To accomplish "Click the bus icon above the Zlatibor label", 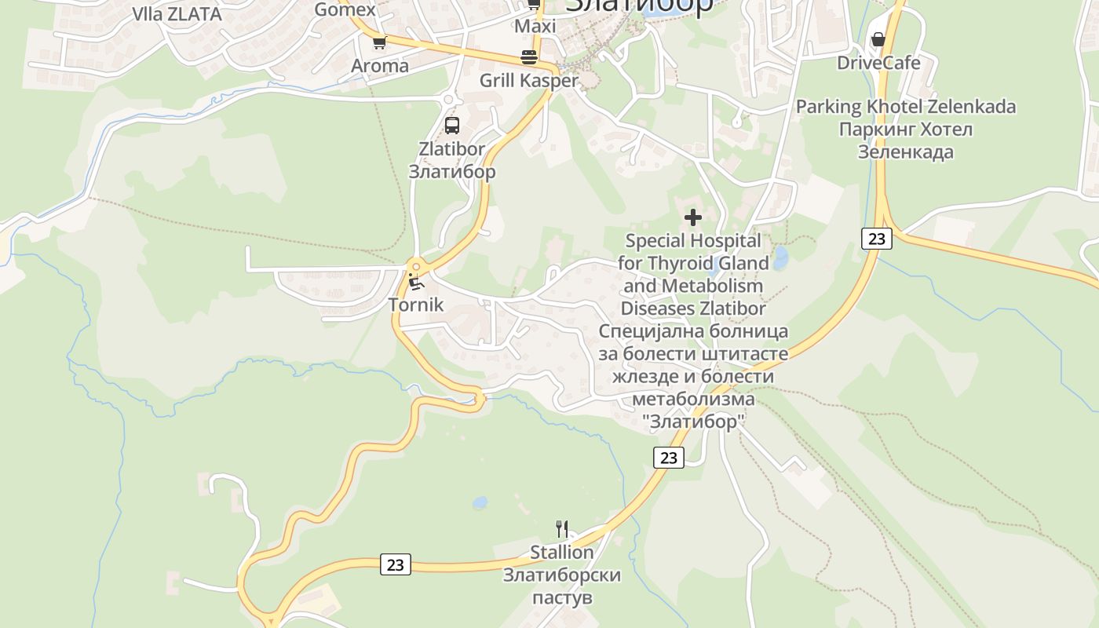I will (x=452, y=125).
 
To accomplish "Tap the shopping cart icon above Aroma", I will (x=379, y=43).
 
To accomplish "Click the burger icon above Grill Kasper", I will (x=529, y=57).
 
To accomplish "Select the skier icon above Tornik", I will (x=416, y=282).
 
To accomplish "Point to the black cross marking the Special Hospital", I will (x=692, y=217).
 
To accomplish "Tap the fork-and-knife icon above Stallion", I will (x=561, y=528).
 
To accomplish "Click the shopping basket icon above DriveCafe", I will (x=878, y=39).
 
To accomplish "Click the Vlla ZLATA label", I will (x=177, y=14).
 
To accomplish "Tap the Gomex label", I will (x=345, y=10).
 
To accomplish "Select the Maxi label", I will (x=535, y=27).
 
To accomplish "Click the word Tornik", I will (x=416, y=305).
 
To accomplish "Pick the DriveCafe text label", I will (x=878, y=63).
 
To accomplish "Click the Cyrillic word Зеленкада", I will (x=905, y=152).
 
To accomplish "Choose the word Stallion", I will (x=561, y=553).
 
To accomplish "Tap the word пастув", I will (x=561, y=598).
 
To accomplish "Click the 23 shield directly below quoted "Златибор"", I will (x=668, y=457).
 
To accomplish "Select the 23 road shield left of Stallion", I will (x=395, y=564).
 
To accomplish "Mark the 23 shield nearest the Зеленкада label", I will (x=876, y=238).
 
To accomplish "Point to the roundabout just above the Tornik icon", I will (x=415, y=265).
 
